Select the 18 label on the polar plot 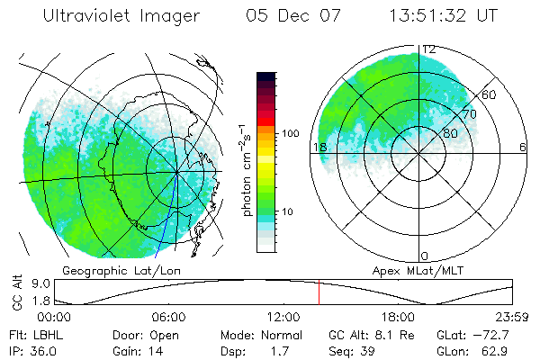(x=319, y=147)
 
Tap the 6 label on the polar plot (x=523, y=147)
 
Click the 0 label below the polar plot (x=426, y=256)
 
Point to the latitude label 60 (x=490, y=94)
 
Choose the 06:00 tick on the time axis (x=169, y=317)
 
